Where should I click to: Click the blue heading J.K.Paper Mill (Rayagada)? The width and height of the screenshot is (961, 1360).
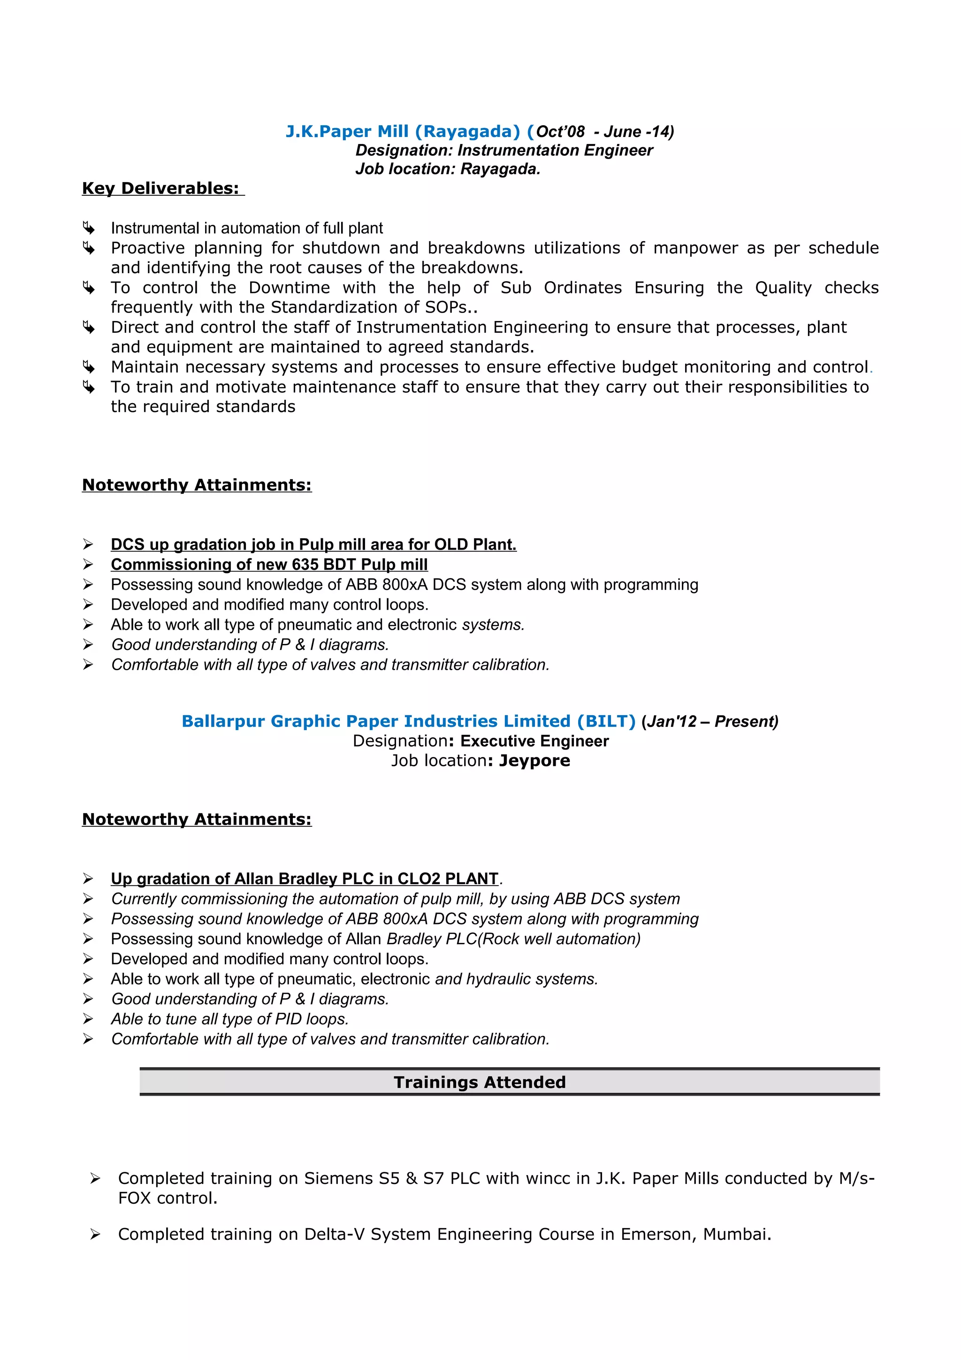[403, 131]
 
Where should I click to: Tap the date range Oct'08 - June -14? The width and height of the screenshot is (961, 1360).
[604, 131]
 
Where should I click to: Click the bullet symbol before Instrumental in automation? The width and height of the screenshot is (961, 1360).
[88, 228]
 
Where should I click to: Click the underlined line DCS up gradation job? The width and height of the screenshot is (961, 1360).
[313, 544]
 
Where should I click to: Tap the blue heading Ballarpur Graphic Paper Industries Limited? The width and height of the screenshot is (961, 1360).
[408, 721]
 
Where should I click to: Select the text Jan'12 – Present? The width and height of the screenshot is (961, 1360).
[709, 721]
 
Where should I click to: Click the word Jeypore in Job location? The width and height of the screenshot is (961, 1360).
[534, 761]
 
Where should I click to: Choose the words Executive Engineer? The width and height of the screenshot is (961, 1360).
[534, 741]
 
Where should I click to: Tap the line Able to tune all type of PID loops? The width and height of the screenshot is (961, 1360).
[230, 1019]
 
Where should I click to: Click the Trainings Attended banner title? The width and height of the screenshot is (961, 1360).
[480, 1082]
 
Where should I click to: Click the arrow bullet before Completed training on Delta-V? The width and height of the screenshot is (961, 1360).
[95, 1234]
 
